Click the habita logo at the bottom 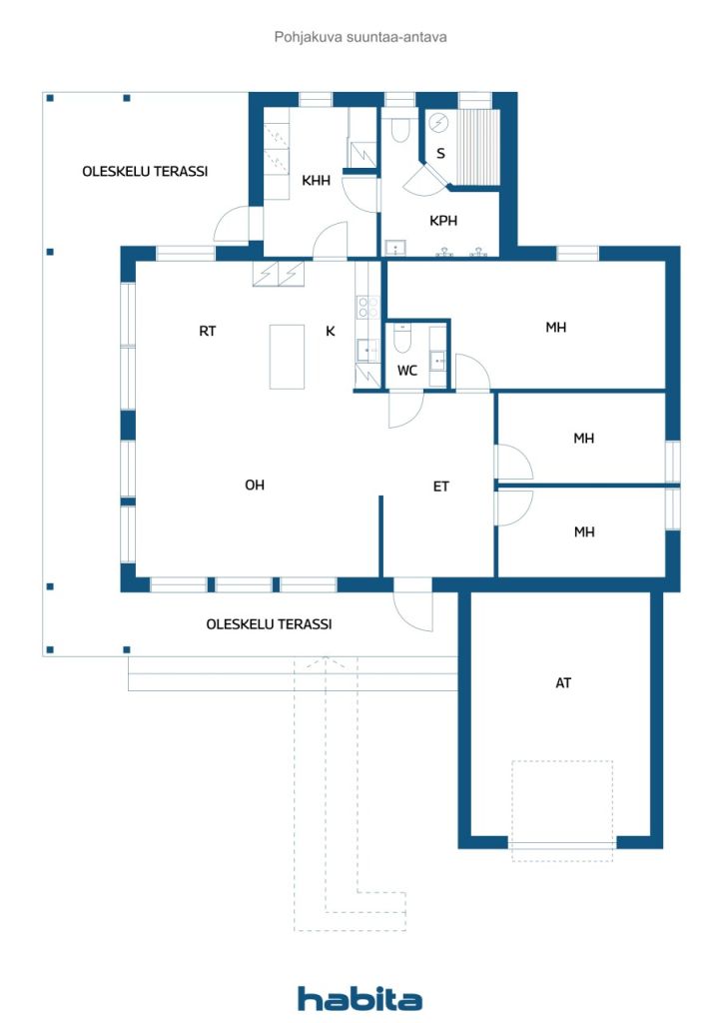[360, 999]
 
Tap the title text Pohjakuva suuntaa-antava [361, 37]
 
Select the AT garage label [563, 683]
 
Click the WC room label [406, 371]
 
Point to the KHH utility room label [316, 180]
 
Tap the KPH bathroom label [443, 221]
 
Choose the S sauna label [440, 153]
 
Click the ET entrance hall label [440, 487]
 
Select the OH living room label [255, 485]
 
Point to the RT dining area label [207, 332]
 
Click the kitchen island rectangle [287, 357]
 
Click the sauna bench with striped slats [477, 147]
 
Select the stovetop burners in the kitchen [367, 307]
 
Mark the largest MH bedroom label [555, 327]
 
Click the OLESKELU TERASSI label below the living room [269, 624]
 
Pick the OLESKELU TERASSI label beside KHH [145, 172]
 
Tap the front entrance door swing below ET [413, 606]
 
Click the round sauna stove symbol [439, 122]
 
